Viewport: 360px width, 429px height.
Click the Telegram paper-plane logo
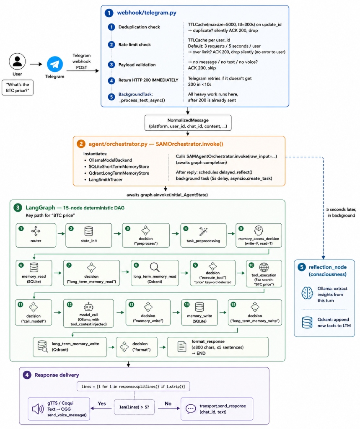pyautogui.click(x=55, y=64)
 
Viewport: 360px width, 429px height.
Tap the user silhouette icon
pyautogui.click(x=17, y=61)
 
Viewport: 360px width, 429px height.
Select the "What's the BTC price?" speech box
pyautogui.click(x=18, y=88)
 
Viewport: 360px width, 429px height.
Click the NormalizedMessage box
pyautogui.click(x=188, y=123)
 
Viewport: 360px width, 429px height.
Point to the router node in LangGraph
pyautogui.click(x=36, y=235)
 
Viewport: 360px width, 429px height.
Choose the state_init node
pyautogui.click(x=89, y=235)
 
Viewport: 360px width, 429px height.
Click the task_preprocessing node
pyautogui.click(x=203, y=235)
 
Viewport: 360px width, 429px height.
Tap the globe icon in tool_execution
pyautogui.click(x=264, y=267)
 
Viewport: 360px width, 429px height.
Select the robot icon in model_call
pyautogui.click(x=88, y=307)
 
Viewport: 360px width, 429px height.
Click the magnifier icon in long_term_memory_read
pyautogui.click(x=155, y=267)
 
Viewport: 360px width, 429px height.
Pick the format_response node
pyautogui.click(x=218, y=347)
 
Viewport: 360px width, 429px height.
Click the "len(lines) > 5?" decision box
pyautogui.click(x=134, y=407)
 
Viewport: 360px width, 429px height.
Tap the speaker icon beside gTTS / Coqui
pyautogui.click(x=38, y=409)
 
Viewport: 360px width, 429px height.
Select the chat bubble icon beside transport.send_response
pyautogui.click(x=191, y=409)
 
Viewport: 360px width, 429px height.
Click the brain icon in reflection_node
pyautogui.click(x=307, y=293)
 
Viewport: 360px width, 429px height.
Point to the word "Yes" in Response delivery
pyautogui.click(x=102, y=403)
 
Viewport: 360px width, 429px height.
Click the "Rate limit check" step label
pyautogui.click(x=135, y=44)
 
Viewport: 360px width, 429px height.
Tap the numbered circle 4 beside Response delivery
pyautogui.click(x=27, y=375)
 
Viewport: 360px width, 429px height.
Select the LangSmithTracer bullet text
pyautogui.click(x=105, y=179)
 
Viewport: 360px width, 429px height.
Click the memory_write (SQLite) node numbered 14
pyautogui.click(x=199, y=312)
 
